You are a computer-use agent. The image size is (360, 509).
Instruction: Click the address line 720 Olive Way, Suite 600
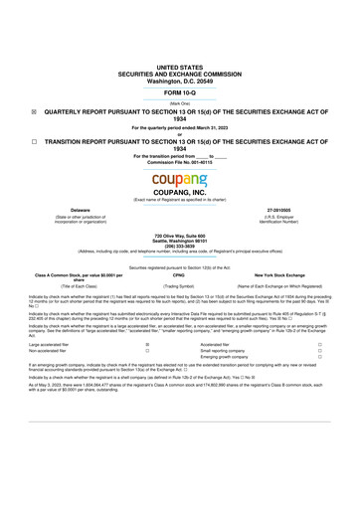coord(179,234)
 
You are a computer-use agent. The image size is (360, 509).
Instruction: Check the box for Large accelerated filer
coord(147,344)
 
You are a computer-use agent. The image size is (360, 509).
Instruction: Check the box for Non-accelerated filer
coord(147,351)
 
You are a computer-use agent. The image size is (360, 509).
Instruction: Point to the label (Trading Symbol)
coord(179,284)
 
